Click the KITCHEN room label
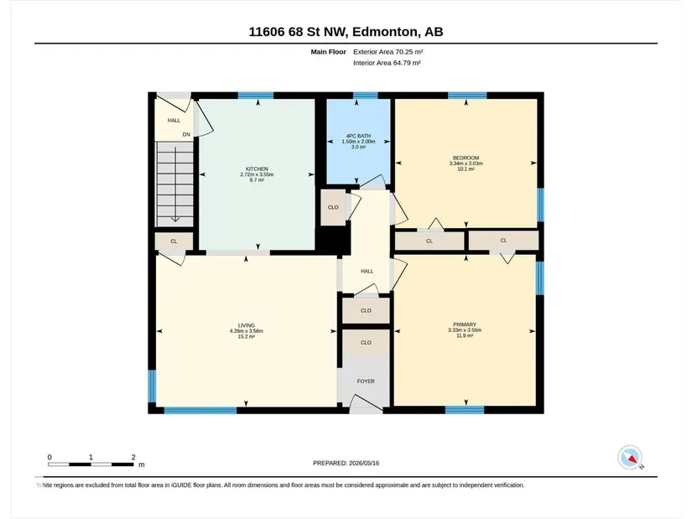257,169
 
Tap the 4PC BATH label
358,136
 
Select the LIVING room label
247,325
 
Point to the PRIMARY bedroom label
465,324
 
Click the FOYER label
366,381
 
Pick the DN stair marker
186,135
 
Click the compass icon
630,458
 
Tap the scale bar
91,465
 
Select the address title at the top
346,32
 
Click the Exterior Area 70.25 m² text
388,52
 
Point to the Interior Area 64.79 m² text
387,63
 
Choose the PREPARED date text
346,463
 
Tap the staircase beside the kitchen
174,184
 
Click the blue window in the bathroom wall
366,96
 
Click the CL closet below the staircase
174,241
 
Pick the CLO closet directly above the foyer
366,342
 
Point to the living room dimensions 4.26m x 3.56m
247,331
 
